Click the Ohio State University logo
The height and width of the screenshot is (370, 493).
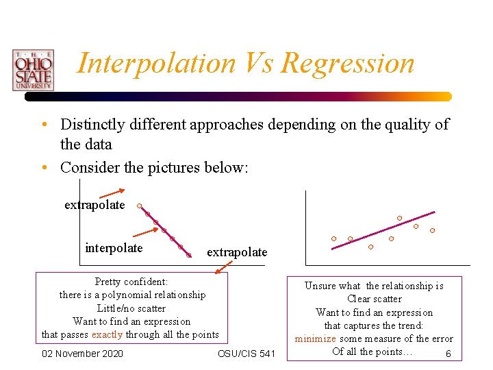(x=32, y=70)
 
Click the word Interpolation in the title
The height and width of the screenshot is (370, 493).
(x=156, y=63)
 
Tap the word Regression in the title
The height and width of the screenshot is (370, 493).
(x=348, y=63)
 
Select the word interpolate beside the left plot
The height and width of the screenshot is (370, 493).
(x=114, y=248)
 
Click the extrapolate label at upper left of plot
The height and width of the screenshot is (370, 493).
(x=94, y=205)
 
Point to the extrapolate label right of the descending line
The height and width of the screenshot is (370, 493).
(x=237, y=252)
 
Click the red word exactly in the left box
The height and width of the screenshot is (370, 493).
(x=107, y=334)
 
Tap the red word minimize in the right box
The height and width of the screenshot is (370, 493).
(x=316, y=338)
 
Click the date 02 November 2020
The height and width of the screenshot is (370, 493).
(x=82, y=354)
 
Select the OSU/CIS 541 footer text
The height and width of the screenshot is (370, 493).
(x=246, y=354)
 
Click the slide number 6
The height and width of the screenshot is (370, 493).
(x=448, y=354)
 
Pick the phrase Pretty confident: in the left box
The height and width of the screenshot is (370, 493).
(x=131, y=282)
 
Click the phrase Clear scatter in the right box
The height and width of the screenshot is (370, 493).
(x=374, y=299)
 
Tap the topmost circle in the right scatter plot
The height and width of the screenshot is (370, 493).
(x=400, y=219)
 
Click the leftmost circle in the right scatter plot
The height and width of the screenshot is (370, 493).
(x=333, y=238)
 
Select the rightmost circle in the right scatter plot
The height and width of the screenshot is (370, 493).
(x=432, y=231)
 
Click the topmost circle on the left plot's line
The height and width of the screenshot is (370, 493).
(x=139, y=206)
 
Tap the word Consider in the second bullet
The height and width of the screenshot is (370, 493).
(x=87, y=167)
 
